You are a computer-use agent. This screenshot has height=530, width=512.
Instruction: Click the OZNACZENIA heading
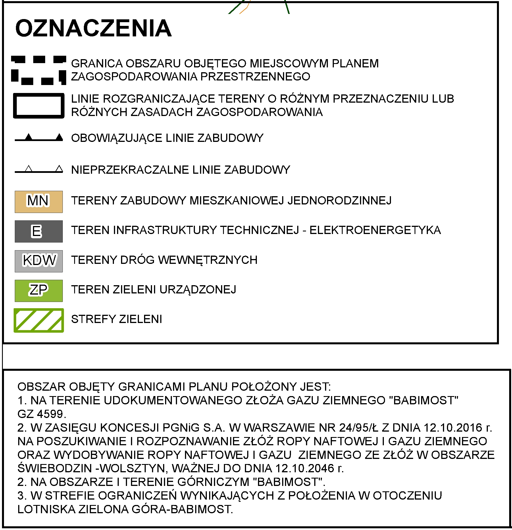coord(93,28)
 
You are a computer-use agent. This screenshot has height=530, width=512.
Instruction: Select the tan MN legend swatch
coord(39,202)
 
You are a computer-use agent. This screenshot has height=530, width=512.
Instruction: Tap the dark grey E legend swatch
coord(39,231)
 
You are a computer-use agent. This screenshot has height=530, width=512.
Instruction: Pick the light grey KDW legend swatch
coord(39,261)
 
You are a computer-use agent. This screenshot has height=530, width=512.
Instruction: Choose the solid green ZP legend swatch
coord(39,290)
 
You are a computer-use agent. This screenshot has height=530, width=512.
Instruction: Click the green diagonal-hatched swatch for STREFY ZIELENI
coord(39,320)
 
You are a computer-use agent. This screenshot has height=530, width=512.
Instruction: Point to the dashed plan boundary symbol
coord(39,70)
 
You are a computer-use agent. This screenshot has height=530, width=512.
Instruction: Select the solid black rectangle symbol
coord(39,105)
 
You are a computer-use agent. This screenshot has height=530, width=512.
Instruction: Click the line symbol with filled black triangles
coord(39,138)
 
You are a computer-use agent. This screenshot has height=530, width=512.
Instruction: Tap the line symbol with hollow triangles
coord(39,170)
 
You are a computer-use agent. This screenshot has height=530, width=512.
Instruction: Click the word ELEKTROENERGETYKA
coord(375,230)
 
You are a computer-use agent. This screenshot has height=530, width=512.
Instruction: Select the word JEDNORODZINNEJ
coord(340,200)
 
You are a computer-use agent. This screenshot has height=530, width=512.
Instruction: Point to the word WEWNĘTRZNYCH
coord(208,260)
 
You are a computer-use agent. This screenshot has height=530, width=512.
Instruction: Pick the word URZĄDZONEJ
coord(198,289)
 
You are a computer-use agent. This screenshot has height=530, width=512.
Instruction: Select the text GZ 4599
coord(41,414)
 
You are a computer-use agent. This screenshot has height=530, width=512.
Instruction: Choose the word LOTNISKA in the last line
coord(46,509)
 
